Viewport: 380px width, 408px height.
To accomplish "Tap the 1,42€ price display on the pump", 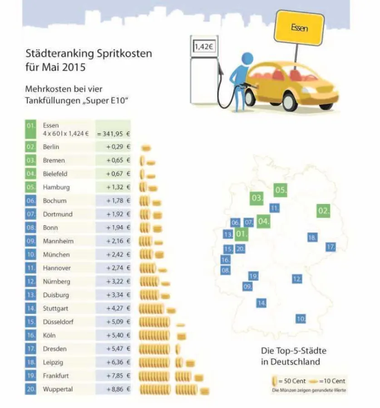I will tap(203, 46).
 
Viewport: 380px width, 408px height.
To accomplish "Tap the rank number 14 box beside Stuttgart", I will tap(31, 308).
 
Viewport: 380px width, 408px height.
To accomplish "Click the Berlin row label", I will tap(51, 147).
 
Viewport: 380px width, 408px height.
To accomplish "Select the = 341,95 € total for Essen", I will tap(113, 134).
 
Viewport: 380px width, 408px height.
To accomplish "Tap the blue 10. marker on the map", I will tap(301, 319).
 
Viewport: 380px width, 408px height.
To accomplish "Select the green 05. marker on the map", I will tap(281, 190).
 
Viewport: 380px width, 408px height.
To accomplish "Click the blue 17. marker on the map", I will tap(331, 247).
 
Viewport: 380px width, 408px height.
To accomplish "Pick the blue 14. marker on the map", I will tap(261, 302).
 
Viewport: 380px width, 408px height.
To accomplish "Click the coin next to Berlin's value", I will tap(146, 148).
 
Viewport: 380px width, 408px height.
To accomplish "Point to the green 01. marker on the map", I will tap(242, 234).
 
